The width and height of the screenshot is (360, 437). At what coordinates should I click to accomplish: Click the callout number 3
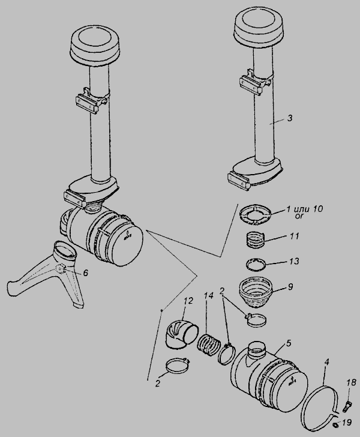290,118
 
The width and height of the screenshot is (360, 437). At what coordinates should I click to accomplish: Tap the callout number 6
85,273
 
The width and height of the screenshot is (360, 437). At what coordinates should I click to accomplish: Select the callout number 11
294,237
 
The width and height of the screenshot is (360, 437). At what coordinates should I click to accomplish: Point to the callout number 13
294,262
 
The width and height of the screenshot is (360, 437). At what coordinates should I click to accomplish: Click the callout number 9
290,287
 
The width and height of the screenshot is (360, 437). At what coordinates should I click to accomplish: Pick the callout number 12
188,302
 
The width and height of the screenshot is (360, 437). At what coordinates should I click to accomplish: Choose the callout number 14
209,296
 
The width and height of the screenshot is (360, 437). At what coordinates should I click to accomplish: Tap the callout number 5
289,343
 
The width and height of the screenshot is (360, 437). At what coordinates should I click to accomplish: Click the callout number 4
327,363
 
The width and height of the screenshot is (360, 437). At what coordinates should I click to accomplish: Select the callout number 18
352,382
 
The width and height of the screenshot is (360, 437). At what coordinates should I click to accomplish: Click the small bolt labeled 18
348,403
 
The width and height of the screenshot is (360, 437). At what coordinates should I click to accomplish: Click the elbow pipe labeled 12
182,333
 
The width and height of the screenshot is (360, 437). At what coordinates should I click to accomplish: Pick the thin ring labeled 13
255,263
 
